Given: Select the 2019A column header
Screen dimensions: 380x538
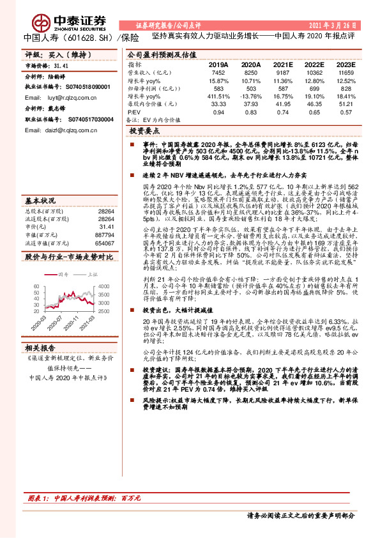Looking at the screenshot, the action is click(x=218, y=65).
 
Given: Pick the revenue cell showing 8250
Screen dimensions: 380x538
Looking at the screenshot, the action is click(x=251, y=73).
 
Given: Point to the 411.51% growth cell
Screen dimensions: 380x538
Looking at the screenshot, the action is click(x=218, y=95).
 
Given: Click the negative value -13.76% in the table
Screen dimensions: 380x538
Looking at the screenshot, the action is click(x=250, y=95).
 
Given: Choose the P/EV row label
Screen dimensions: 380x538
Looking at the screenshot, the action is click(x=135, y=112).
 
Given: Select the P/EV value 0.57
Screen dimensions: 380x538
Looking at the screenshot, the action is click(x=346, y=112).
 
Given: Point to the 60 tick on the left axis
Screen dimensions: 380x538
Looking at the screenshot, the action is click(x=35, y=279).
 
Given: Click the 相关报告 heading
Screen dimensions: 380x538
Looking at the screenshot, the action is click(x=42, y=348).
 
